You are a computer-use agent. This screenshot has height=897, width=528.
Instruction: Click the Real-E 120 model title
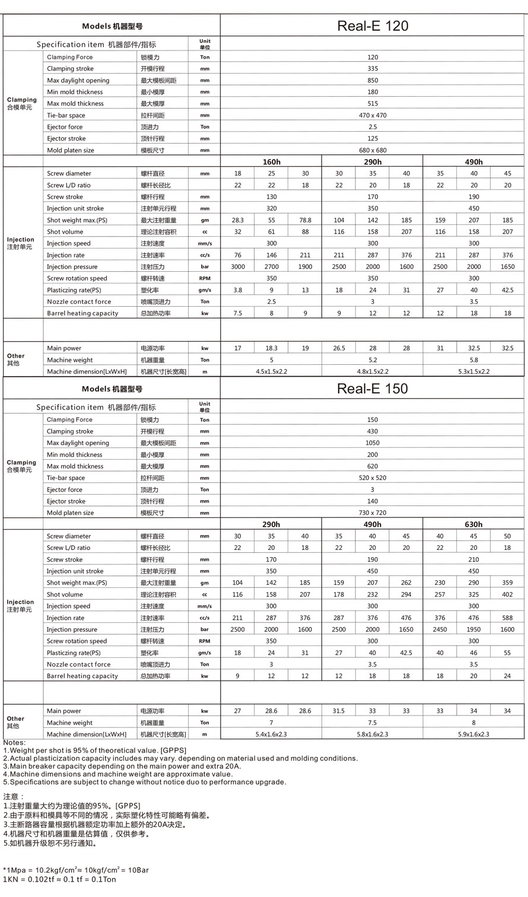tap(373, 26)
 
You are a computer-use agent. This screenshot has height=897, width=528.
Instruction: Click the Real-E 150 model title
tap(373, 389)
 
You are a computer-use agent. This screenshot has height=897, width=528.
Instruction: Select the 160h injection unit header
tap(271, 162)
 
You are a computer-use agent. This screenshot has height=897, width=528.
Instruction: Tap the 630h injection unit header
tap(473, 524)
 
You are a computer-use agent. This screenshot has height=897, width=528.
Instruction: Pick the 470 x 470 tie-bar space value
tap(373, 115)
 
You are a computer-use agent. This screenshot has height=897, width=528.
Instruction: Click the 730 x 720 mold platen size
tap(373, 513)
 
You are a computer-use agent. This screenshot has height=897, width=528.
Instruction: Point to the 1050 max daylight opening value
tap(373, 443)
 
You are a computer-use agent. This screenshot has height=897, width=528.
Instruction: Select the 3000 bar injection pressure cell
tap(237, 266)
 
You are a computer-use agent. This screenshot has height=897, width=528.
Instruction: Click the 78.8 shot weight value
tap(305, 220)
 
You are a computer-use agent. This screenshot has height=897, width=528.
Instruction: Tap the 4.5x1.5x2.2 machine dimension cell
tap(271, 371)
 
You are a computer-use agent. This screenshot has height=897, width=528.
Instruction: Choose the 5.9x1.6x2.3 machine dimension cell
tap(473, 734)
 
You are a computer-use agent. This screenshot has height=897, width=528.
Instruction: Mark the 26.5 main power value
tap(339, 348)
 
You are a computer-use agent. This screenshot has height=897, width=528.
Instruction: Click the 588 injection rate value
tap(507, 618)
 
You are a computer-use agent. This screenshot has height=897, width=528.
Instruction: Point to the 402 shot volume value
tap(507, 594)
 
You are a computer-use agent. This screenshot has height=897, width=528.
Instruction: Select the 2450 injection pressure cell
tap(440, 629)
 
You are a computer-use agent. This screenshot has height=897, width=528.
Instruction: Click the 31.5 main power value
tap(339, 711)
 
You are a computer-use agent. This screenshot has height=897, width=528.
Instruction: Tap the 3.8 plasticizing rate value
tap(237, 290)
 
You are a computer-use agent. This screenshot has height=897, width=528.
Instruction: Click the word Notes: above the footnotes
tap(14, 743)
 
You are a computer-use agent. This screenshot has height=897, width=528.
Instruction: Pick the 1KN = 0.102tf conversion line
tap(59, 879)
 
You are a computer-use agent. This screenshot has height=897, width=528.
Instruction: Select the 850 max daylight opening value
tap(373, 81)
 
